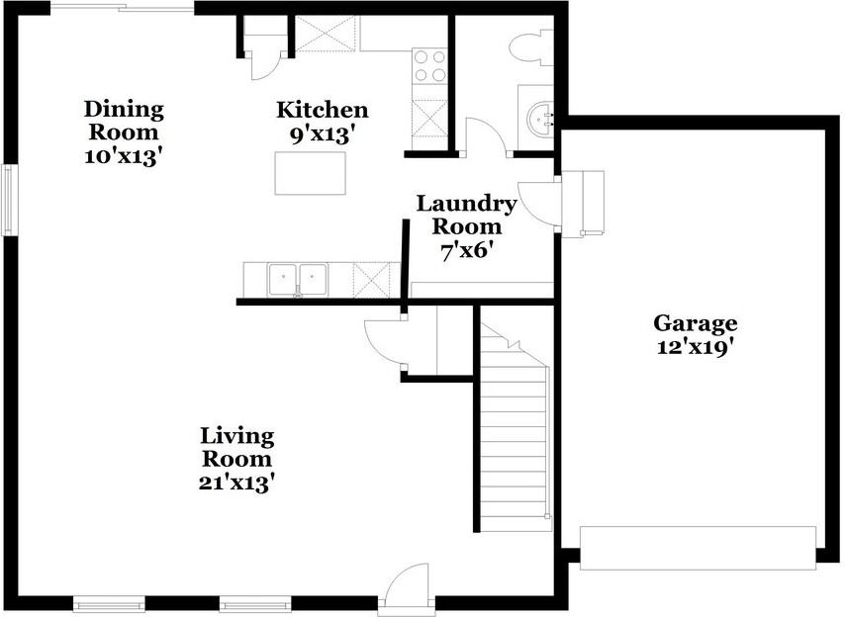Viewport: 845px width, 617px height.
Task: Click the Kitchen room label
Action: [323, 110]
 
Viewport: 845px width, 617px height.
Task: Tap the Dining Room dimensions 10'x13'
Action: [124, 156]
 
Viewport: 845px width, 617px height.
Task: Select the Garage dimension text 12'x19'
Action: [695, 347]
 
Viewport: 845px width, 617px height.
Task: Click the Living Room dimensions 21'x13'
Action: [238, 483]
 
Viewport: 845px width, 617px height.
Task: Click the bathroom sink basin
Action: [540, 119]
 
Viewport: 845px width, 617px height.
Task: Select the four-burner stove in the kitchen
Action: [429, 65]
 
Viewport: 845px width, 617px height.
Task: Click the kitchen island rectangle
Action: [311, 173]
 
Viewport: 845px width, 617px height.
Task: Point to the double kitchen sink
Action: [298, 279]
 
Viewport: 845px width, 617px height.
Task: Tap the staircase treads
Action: [516, 436]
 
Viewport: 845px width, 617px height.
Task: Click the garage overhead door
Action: [698, 548]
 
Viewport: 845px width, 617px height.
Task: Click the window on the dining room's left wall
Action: [8, 200]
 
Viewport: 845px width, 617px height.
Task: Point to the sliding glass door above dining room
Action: [122, 8]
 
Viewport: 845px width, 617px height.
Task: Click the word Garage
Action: [696, 323]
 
